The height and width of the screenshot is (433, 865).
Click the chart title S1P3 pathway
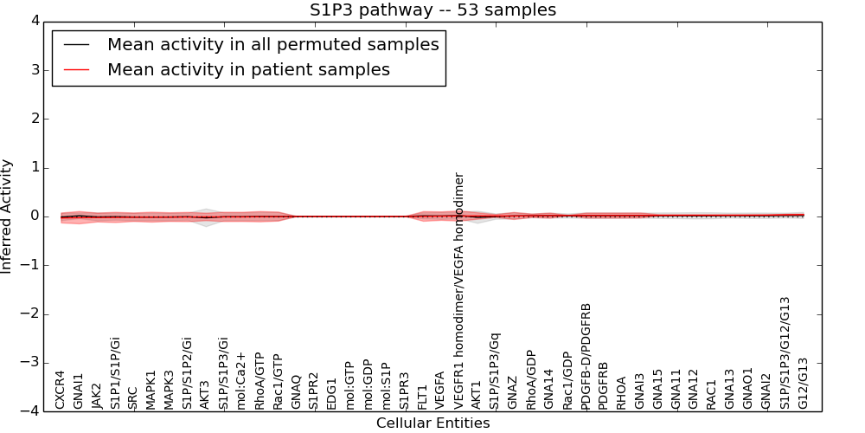(432, 10)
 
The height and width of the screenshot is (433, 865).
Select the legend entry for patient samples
(248, 69)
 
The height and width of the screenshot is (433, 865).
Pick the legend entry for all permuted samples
(272, 44)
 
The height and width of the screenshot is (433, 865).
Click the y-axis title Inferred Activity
(7, 216)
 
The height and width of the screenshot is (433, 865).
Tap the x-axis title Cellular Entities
(432, 423)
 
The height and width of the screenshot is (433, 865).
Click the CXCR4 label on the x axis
(61, 390)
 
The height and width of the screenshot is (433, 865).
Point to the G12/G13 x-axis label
(804, 383)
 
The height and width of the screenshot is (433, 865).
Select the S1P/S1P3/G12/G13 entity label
(785, 352)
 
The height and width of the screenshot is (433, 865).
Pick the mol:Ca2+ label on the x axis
(241, 380)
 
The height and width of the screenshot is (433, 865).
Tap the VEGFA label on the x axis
(441, 390)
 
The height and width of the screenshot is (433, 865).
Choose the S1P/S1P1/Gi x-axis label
(115, 372)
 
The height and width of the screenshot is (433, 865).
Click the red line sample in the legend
(76, 70)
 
